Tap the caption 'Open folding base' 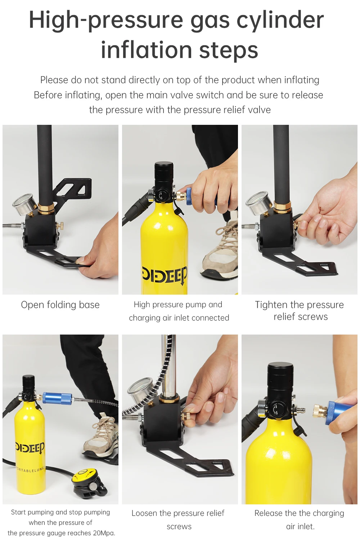tap(60, 305)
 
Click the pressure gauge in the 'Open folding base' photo tap(24, 204)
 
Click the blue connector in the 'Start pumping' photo tap(57, 399)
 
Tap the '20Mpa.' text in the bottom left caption tap(104, 533)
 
